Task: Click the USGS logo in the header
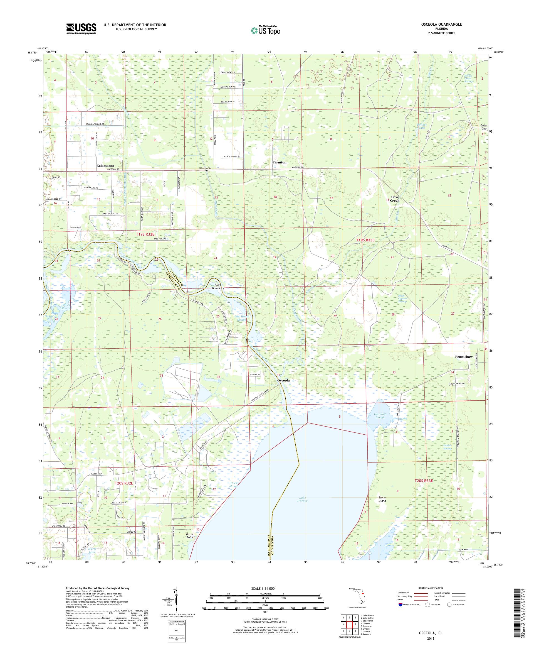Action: (x=81, y=29)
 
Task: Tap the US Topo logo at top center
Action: (x=266, y=30)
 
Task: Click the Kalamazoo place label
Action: (x=105, y=166)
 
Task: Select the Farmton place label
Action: (x=279, y=162)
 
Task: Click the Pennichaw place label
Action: (x=464, y=357)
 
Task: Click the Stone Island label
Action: (x=382, y=499)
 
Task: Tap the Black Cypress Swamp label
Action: (x=400, y=298)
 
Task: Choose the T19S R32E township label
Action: (x=145, y=234)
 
